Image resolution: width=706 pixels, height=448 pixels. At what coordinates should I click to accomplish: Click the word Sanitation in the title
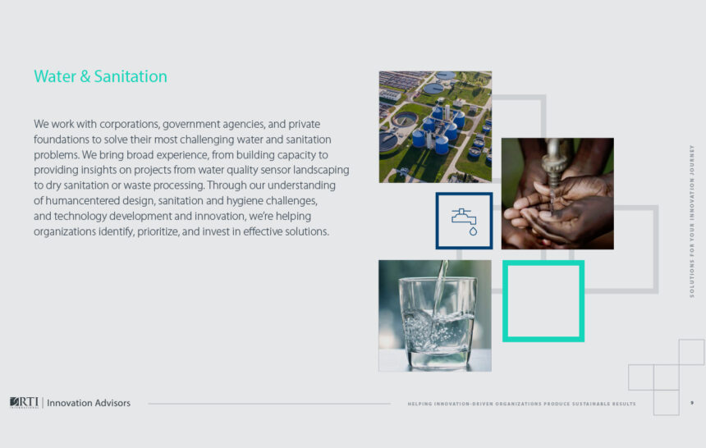click(131, 76)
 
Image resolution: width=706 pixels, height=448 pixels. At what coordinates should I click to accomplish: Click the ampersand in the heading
click(85, 76)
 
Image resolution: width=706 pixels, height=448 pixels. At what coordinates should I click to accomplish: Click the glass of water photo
click(435, 316)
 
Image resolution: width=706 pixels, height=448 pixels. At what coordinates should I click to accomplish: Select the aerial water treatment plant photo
click(435, 127)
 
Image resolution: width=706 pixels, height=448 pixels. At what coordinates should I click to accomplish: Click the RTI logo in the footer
click(24, 403)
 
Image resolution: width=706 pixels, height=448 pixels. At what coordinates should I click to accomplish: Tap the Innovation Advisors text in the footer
click(89, 403)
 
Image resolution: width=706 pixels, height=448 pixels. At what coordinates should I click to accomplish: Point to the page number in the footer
click(691, 403)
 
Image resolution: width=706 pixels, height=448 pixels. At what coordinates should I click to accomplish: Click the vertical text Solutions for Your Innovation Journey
click(692, 221)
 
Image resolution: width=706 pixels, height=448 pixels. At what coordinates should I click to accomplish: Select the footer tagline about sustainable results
click(521, 404)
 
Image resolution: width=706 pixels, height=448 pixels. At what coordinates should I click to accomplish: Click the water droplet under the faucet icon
click(473, 231)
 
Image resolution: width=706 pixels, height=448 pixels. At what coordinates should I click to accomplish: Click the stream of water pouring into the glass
click(440, 288)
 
